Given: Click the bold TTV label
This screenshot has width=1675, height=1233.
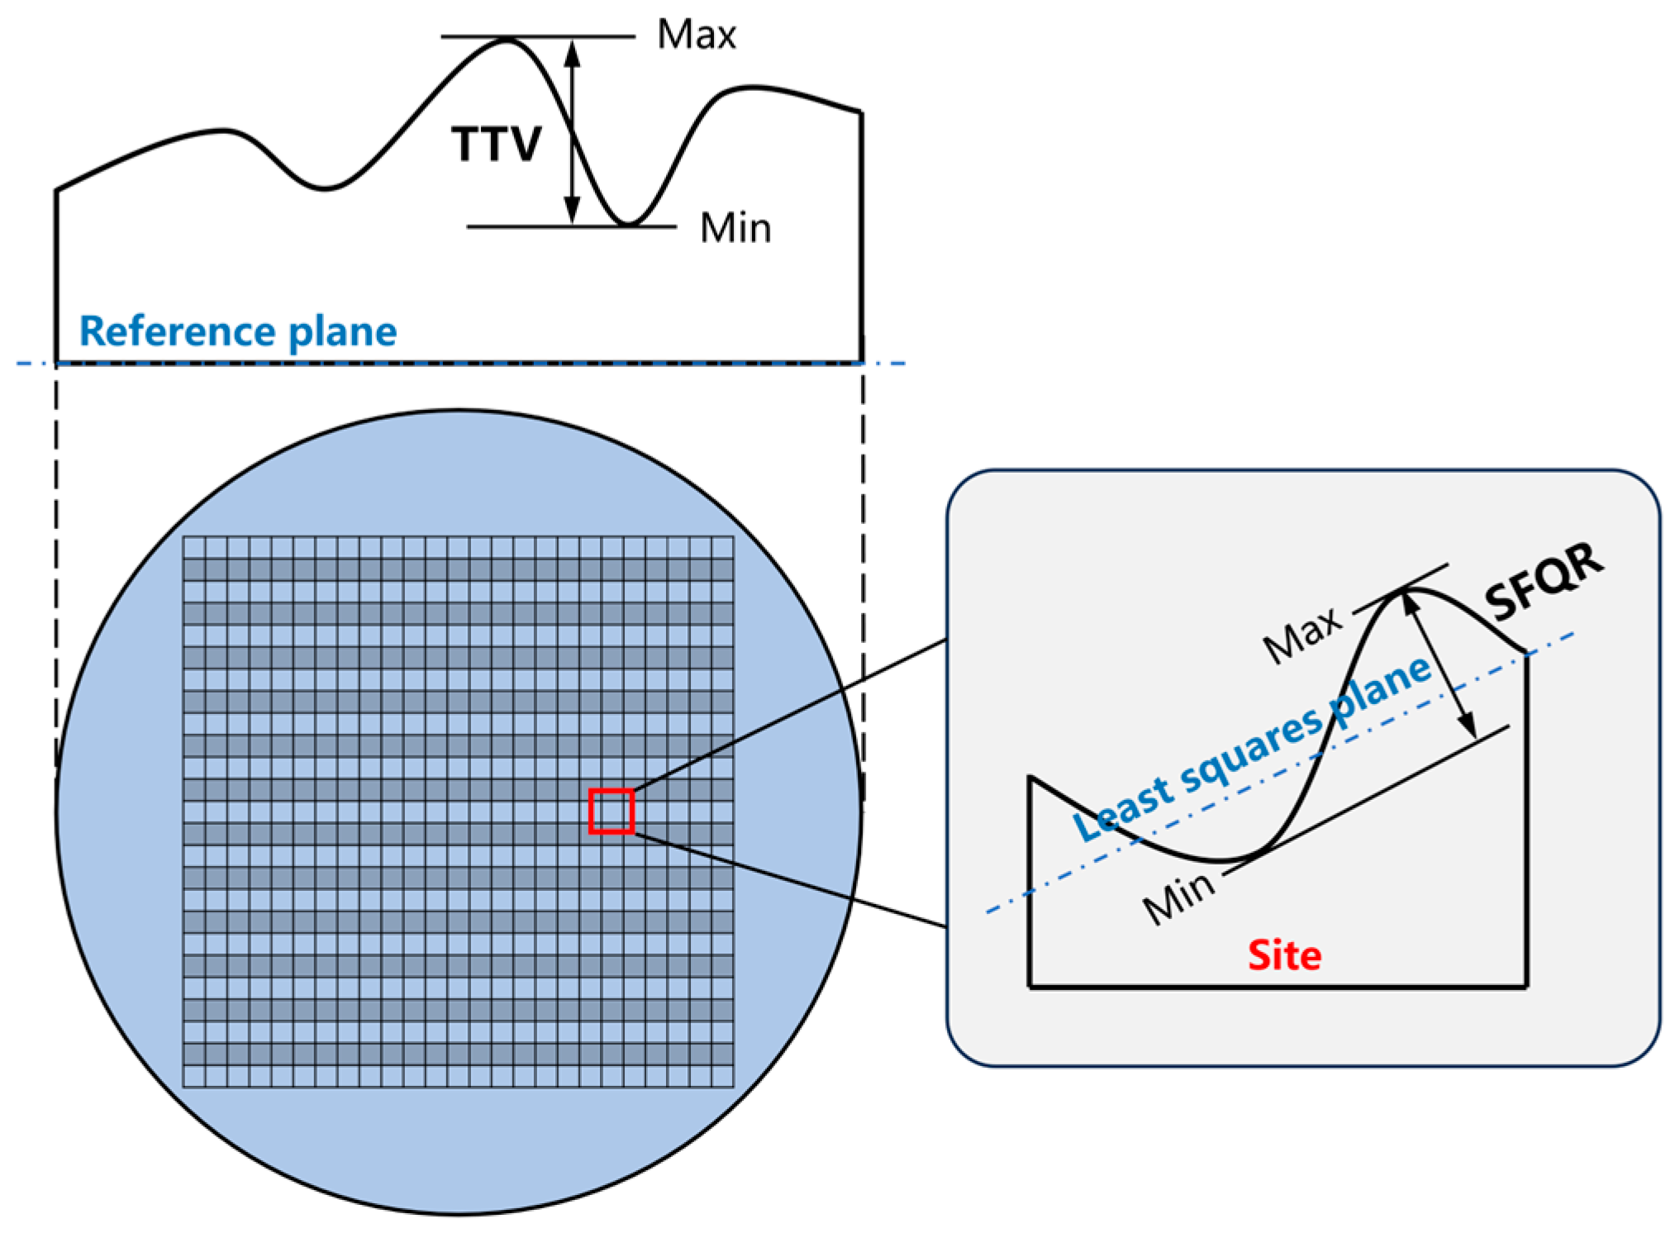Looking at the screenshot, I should [x=496, y=144].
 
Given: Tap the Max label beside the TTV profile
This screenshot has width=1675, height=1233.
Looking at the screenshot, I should [x=696, y=35].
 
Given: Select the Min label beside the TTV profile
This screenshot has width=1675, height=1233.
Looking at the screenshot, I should [x=735, y=227].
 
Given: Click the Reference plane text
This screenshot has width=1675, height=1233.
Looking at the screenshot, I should [x=238, y=331].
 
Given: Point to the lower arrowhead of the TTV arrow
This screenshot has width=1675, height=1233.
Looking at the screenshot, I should [x=572, y=212].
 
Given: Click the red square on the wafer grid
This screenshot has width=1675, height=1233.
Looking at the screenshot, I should [x=611, y=811].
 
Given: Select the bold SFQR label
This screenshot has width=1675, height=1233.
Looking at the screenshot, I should [x=1544, y=583].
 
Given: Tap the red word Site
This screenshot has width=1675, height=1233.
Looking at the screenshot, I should [x=1284, y=955].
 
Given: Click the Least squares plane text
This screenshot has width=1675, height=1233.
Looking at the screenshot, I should [x=1251, y=749].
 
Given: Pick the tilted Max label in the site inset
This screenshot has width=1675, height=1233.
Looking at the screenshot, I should [x=1302, y=636].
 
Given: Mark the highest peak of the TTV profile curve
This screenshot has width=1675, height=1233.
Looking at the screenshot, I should [x=507, y=39].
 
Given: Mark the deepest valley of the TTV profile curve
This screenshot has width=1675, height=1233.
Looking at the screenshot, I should [x=628, y=224].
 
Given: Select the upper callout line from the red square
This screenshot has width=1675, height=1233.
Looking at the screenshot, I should [x=789, y=715].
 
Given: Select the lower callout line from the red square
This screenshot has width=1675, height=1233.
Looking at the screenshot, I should [x=789, y=880].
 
